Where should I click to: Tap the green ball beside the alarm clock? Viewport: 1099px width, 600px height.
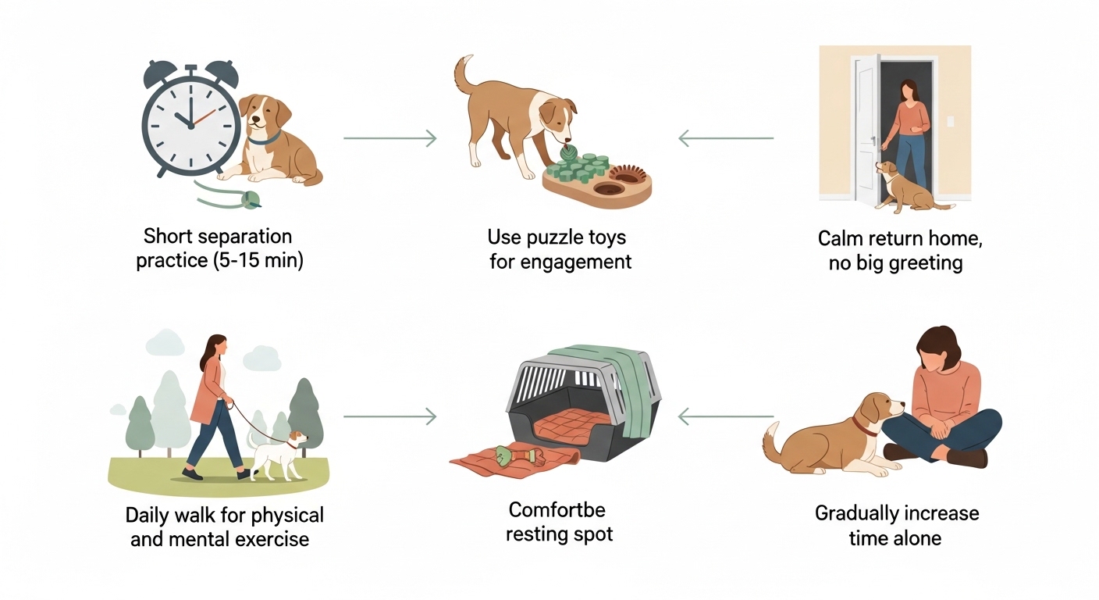coord(251,200)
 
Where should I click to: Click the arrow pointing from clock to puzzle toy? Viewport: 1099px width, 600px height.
coord(389,139)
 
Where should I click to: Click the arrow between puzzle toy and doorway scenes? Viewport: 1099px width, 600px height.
coord(726,139)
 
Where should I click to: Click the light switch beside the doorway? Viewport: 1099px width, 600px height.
coord(950,123)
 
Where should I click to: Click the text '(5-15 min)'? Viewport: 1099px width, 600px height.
coord(258,260)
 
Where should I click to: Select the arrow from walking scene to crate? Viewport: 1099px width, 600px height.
coord(389,417)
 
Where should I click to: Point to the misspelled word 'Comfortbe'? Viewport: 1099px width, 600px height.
coord(557,510)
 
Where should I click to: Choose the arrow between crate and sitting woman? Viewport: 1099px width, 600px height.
coord(726,417)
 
